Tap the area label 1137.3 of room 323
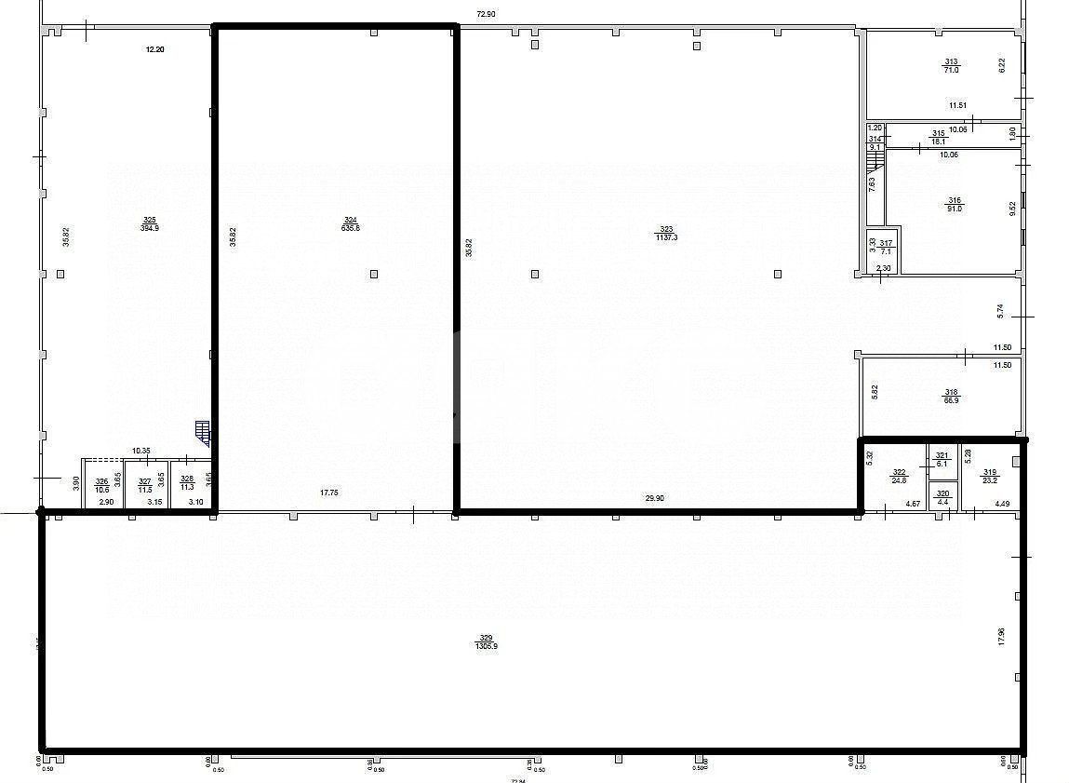click(x=666, y=236)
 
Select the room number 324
click(x=351, y=221)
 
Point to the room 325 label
click(x=148, y=221)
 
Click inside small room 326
click(x=101, y=485)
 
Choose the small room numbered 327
click(x=144, y=485)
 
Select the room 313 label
click(x=950, y=62)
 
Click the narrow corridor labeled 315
click(x=939, y=133)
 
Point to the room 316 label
click(x=954, y=200)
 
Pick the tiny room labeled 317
click(x=885, y=243)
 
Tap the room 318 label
click(x=952, y=392)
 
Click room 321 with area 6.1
click(x=942, y=455)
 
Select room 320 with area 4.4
click(x=942, y=494)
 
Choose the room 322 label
click(x=899, y=473)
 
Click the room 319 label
click(x=989, y=473)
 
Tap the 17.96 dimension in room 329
click(x=1001, y=636)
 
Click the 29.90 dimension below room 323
click(x=654, y=498)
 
